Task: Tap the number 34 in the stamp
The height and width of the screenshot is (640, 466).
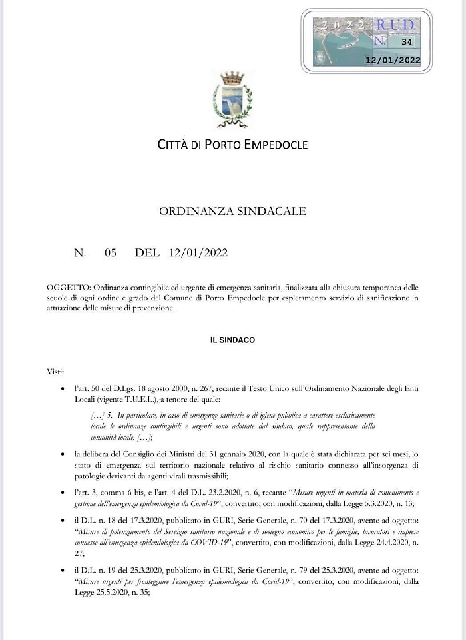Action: pyautogui.click(x=405, y=41)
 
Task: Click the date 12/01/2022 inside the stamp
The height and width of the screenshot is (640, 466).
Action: pyautogui.click(x=393, y=60)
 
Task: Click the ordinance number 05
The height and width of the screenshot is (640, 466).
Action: pyautogui.click(x=110, y=252)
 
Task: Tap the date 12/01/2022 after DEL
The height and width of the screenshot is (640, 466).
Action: pyautogui.click(x=198, y=252)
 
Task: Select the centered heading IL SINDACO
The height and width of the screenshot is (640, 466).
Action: pyautogui.click(x=232, y=340)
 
